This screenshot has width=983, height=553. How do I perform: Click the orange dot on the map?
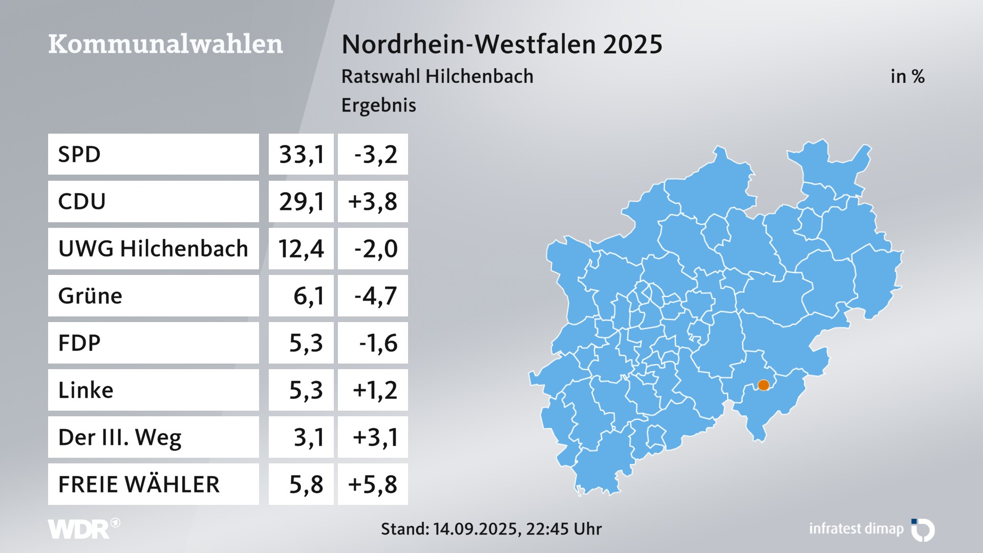pos(763,385)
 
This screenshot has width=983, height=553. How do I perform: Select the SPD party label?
pos(79,154)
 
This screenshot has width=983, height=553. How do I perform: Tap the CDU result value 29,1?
pos(301,201)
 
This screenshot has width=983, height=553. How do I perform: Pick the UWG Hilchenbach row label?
pos(153,249)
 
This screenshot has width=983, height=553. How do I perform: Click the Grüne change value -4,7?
pos(375,296)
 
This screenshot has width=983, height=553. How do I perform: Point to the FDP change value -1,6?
pos(378,343)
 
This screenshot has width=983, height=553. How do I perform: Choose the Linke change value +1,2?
pos(375,390)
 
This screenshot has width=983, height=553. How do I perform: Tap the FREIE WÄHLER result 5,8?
pos(306,484)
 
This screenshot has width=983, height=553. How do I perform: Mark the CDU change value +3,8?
pos(373,201)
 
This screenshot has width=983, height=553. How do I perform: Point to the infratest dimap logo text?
pos(856,529)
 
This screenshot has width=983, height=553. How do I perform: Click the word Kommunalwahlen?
pos(165,44)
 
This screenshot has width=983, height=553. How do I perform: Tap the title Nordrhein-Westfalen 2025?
pos(502,44)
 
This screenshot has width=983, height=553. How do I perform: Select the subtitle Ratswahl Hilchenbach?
pos(437,76)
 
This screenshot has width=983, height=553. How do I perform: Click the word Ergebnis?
pos(378,105)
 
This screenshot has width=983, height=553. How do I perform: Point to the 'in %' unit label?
pos(907,76)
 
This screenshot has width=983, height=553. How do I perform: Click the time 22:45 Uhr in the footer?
pos(564,529)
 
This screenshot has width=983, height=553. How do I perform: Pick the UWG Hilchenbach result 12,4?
pos(301,249)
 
